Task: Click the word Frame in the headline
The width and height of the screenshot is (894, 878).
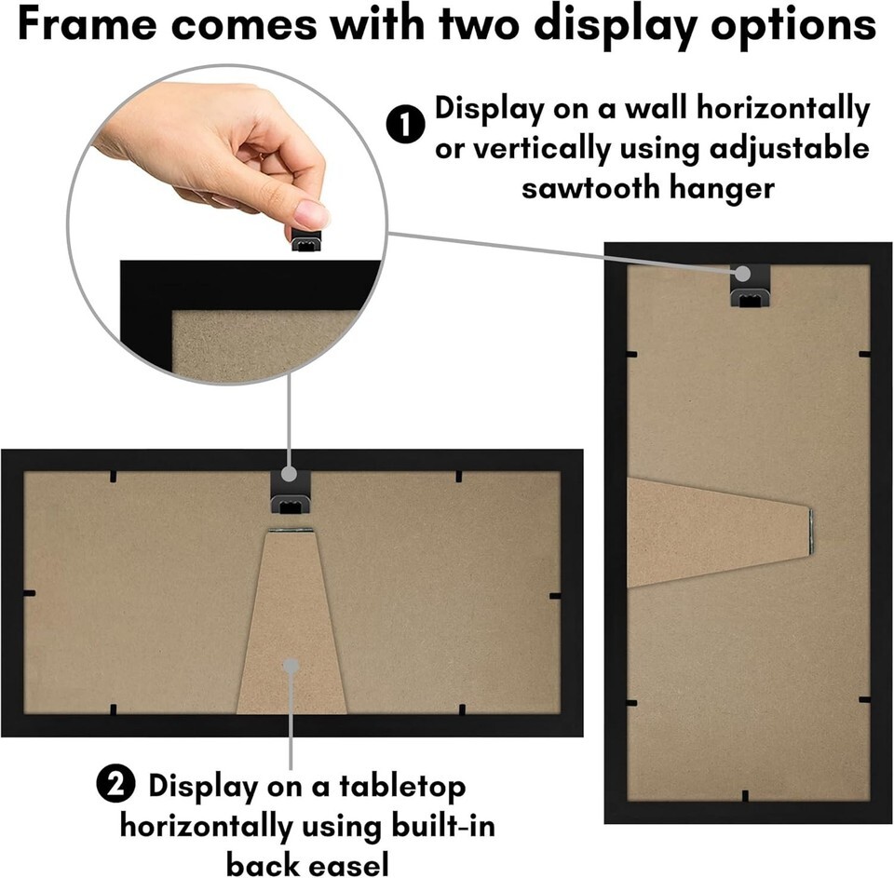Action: tap(87, 24)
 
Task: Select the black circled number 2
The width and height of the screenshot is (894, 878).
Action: tap(115, 786)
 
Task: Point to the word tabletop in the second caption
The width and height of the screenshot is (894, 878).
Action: tap(402, 786)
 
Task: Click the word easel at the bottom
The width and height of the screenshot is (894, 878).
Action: tap(346, 862)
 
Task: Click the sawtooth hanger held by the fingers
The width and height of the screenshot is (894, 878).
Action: tap(306, 239)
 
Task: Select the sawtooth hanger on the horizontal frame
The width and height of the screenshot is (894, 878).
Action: tap(291, 493)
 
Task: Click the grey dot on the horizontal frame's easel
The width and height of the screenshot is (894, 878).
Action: tap(291, 666)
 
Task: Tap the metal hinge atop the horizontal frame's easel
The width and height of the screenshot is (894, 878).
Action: tap(291, 530)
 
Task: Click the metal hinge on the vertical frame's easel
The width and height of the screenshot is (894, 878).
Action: tap(811, 532)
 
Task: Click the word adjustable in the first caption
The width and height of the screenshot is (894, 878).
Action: tap(789, 149)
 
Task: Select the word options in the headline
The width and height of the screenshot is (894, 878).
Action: tap(793, 26)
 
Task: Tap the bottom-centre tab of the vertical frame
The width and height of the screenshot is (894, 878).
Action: tap(745, 796)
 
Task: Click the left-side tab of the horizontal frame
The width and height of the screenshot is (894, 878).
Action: tap(29, 593)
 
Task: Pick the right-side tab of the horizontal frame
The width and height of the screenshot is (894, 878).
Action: tap(555, 596)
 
